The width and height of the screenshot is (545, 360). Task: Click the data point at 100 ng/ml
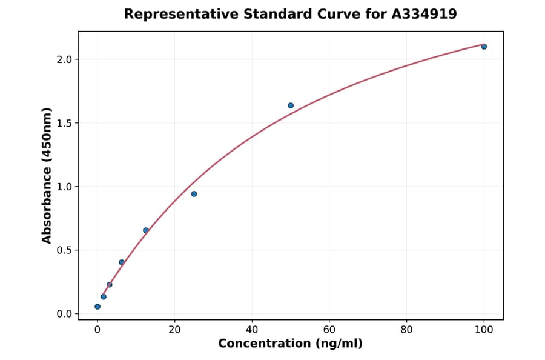coord(484,47)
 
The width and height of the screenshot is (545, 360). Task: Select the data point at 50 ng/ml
coord(291,105)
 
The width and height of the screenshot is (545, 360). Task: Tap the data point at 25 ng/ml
coord(194,194)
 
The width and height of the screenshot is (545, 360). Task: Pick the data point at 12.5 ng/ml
coord(146,230)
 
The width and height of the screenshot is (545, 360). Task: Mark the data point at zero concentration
coord(97,307)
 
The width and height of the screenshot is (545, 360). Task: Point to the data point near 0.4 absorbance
coord(122,262)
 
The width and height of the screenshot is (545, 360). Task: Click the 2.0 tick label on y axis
coord(65,59)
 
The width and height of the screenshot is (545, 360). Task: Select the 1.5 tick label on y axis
coord(65,123)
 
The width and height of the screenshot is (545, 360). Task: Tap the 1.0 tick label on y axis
coord(65,187)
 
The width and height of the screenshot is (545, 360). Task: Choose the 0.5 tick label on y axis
coord(65,250)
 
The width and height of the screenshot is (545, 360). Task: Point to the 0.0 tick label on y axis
coord(65,314)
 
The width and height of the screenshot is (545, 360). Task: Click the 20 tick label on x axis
coord(174,330)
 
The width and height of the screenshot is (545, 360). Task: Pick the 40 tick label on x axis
coord(252,330)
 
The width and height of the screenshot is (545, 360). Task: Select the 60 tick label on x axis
coord(329,330)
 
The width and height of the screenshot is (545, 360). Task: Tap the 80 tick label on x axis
coord(406,330)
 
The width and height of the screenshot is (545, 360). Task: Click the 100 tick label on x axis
coord(484,330)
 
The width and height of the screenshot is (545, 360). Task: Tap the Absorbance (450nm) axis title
coord(47,175)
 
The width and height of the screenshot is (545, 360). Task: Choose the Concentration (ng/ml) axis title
coord(291,344)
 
